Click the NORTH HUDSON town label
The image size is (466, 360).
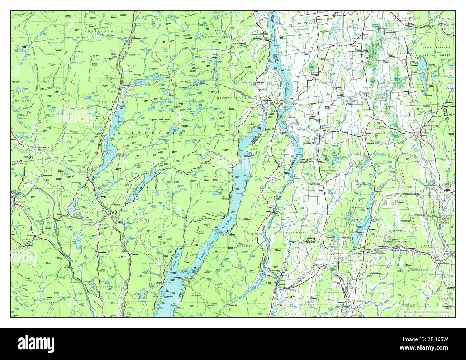click(x=104, y=32)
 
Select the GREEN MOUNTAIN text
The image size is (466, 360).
click(x=436, y=47)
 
